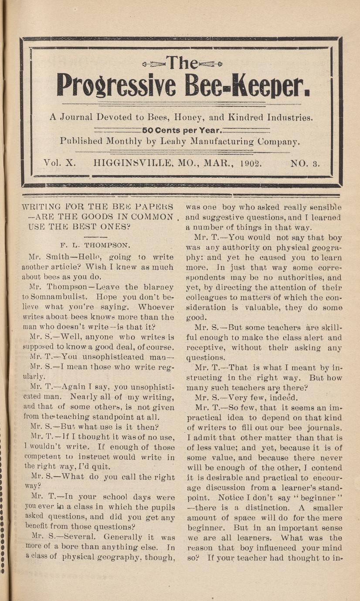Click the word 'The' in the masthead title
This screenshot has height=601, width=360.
click(x=182, y=64)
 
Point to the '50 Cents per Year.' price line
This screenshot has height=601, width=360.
click(x=182, y=129)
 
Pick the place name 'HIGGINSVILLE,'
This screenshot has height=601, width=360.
click(x=133, y=163)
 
